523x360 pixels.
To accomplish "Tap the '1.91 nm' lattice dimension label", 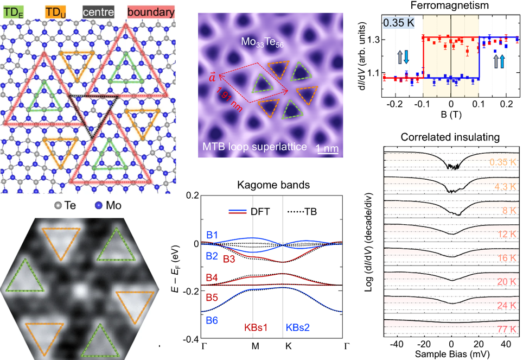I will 229,102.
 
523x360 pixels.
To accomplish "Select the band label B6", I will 212,321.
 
